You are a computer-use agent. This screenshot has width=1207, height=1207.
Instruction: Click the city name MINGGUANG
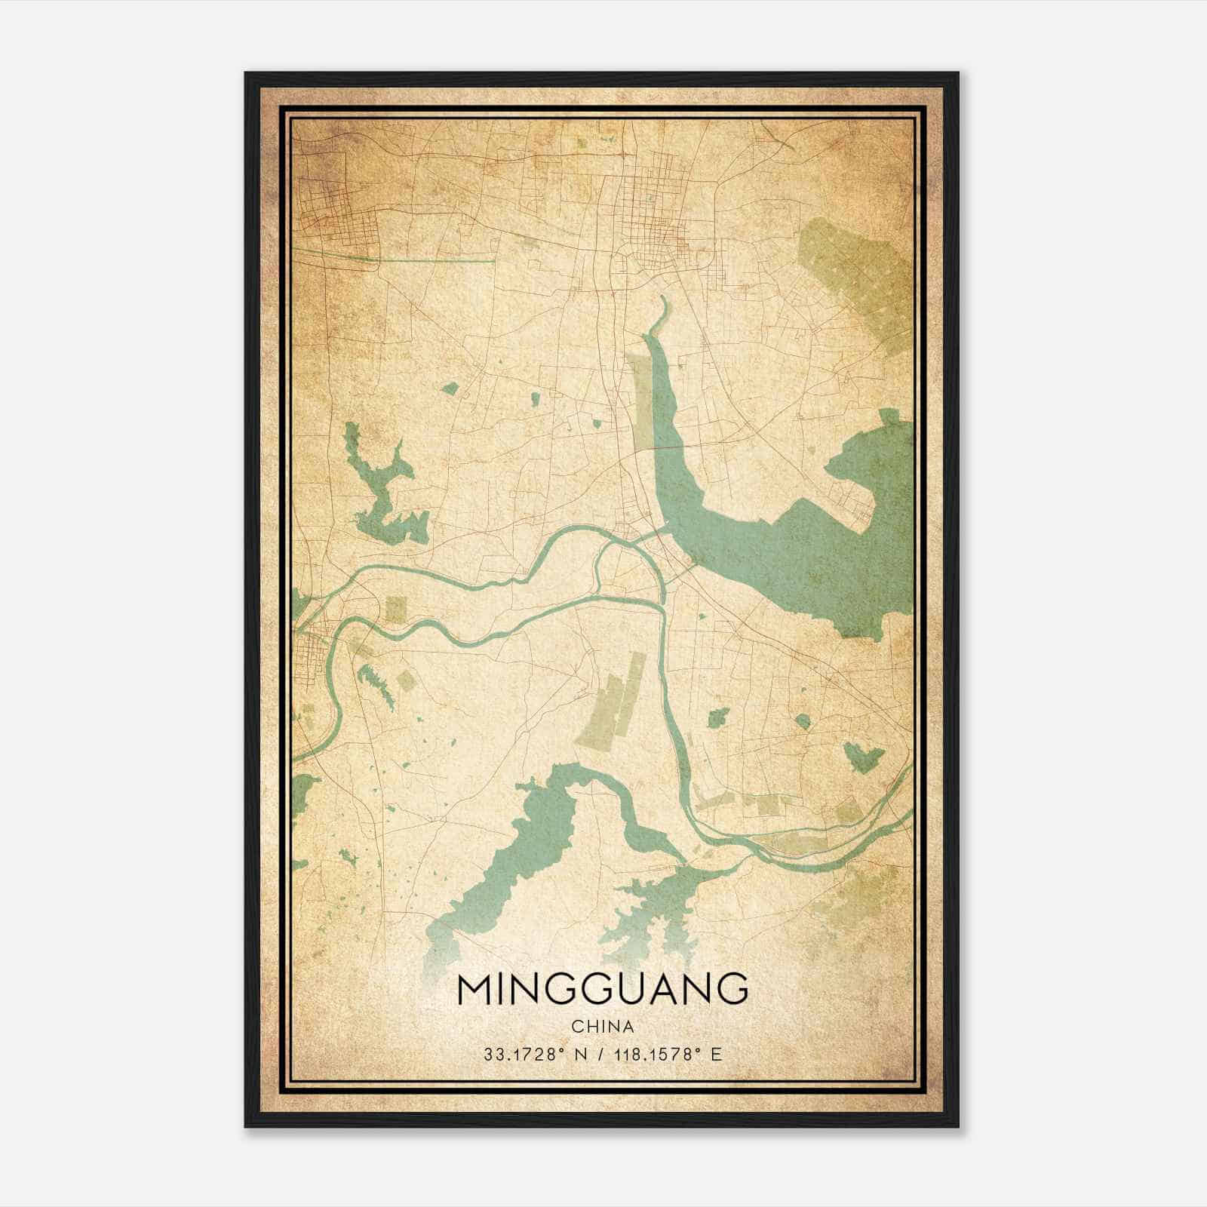point(603,989)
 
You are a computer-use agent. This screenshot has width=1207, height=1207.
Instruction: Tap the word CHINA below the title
point(603,1027)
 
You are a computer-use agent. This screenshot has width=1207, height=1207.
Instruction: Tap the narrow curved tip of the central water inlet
point(664,306)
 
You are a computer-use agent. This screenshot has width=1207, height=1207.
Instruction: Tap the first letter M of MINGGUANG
point(472,989)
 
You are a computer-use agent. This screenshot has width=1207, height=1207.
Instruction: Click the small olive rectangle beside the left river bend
point(395,609)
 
